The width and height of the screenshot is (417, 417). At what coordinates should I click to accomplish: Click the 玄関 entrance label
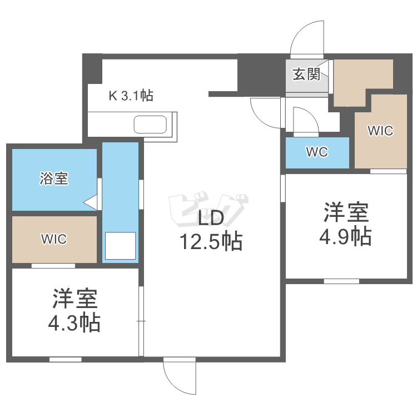point(306,75)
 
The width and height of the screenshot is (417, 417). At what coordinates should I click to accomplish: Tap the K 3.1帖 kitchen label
point(131,95)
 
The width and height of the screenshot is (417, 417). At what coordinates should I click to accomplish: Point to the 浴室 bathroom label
point(53,178)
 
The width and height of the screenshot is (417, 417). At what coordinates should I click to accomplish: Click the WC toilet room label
point(316,152)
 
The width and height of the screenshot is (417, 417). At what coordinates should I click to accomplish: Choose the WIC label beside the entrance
point(380,131)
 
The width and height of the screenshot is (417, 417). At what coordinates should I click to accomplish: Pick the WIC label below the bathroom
point(54,239)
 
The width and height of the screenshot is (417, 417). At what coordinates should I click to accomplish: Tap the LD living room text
point(211,219)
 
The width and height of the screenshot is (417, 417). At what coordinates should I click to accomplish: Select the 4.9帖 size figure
point(345,237)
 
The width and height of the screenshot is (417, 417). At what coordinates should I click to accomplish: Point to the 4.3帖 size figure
point(74,322)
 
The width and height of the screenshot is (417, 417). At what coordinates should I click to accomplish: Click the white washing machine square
point(120,246)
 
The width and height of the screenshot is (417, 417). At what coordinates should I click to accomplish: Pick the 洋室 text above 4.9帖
point(346,214)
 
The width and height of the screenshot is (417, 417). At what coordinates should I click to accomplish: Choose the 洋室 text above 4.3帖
point(75,299)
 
